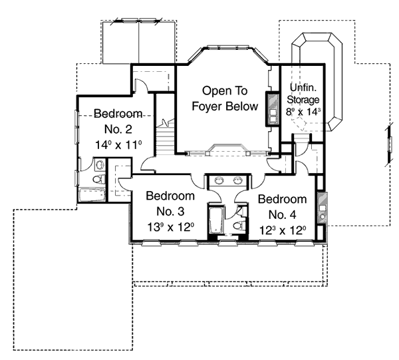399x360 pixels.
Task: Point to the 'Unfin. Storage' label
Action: [303, 94]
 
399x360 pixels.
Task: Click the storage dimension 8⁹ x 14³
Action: [303, 112]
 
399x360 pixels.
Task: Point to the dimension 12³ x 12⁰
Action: [283, 231]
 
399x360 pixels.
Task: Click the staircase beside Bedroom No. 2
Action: [167, 137]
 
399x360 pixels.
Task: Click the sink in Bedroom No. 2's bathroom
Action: [98, 164]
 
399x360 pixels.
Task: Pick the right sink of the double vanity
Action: [238, 180]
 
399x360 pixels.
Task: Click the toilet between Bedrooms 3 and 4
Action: [237, 226]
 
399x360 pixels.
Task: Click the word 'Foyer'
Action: [207, 106]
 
